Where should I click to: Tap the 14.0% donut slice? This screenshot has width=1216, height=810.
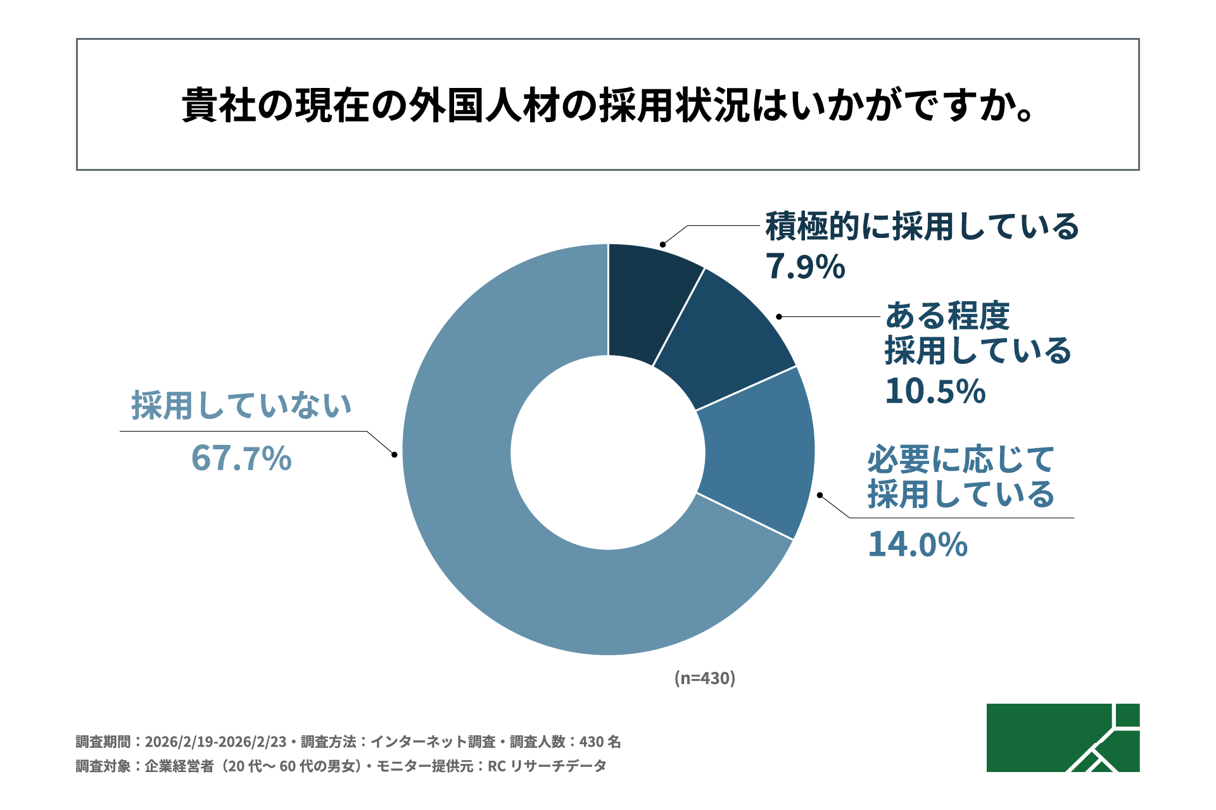[x=757, y=452]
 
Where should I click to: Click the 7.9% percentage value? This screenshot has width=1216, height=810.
[x=805, y=266]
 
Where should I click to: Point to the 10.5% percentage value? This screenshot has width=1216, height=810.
[x=935, y=391]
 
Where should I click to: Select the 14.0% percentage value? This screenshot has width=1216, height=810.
[x=918, y=544]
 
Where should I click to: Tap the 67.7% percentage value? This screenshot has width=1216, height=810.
[x=241, y=458]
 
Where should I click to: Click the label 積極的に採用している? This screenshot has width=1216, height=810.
[x=922, y=227]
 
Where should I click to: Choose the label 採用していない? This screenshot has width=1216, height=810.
[x=241, y=405]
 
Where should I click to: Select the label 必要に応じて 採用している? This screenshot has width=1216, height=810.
[x=961, y=477]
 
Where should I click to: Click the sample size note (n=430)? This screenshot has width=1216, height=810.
[x=704, y=678]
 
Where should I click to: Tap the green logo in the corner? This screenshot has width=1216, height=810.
[x=1063, y=738]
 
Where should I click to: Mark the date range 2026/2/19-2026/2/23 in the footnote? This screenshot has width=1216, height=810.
[x=215, y=742]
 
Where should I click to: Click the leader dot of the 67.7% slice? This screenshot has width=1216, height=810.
[x=395, y=454]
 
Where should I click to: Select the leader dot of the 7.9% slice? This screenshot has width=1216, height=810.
[x=662, y=244]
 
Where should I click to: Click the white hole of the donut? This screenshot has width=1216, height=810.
[x=608, y=452]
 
